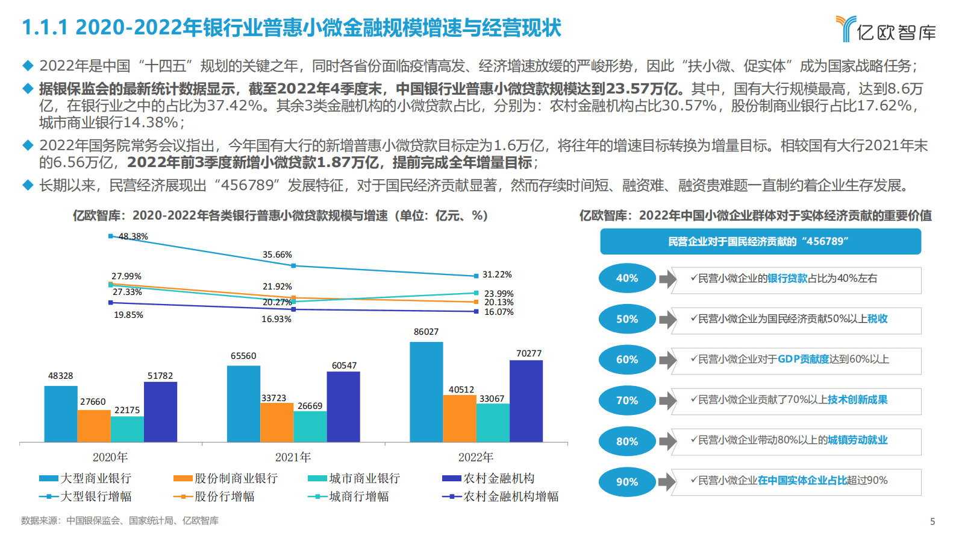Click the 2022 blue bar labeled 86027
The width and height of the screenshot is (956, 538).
click(426, 392)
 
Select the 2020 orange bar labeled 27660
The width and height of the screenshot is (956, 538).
click(94, 426)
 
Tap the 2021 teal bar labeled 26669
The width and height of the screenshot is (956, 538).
click(310, 426)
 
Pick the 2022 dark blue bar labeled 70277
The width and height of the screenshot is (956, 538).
click(526, 401)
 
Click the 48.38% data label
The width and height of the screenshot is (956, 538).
click(133, 236)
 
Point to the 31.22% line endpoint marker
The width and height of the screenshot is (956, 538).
click(476, 276)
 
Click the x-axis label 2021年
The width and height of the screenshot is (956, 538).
click(293, 457)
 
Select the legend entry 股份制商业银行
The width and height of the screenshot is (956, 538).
click(236, 478)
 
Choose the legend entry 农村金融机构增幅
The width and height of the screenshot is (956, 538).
click(511, 496)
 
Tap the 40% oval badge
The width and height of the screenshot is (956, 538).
click(626, 278)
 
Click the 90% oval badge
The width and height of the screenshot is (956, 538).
click(626, 482)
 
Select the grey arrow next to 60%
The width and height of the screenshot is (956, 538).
click(667, 360)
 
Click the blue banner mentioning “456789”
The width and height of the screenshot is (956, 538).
click(760, 241)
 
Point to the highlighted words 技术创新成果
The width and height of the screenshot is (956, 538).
click(857, 400)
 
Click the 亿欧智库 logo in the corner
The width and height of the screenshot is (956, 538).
click(886, 29)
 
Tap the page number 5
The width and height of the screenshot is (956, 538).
click(933, 522)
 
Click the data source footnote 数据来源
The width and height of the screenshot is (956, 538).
click(119, 521)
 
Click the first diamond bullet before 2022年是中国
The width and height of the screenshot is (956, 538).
click(28, 65)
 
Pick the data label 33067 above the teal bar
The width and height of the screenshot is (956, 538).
click(492, 399)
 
